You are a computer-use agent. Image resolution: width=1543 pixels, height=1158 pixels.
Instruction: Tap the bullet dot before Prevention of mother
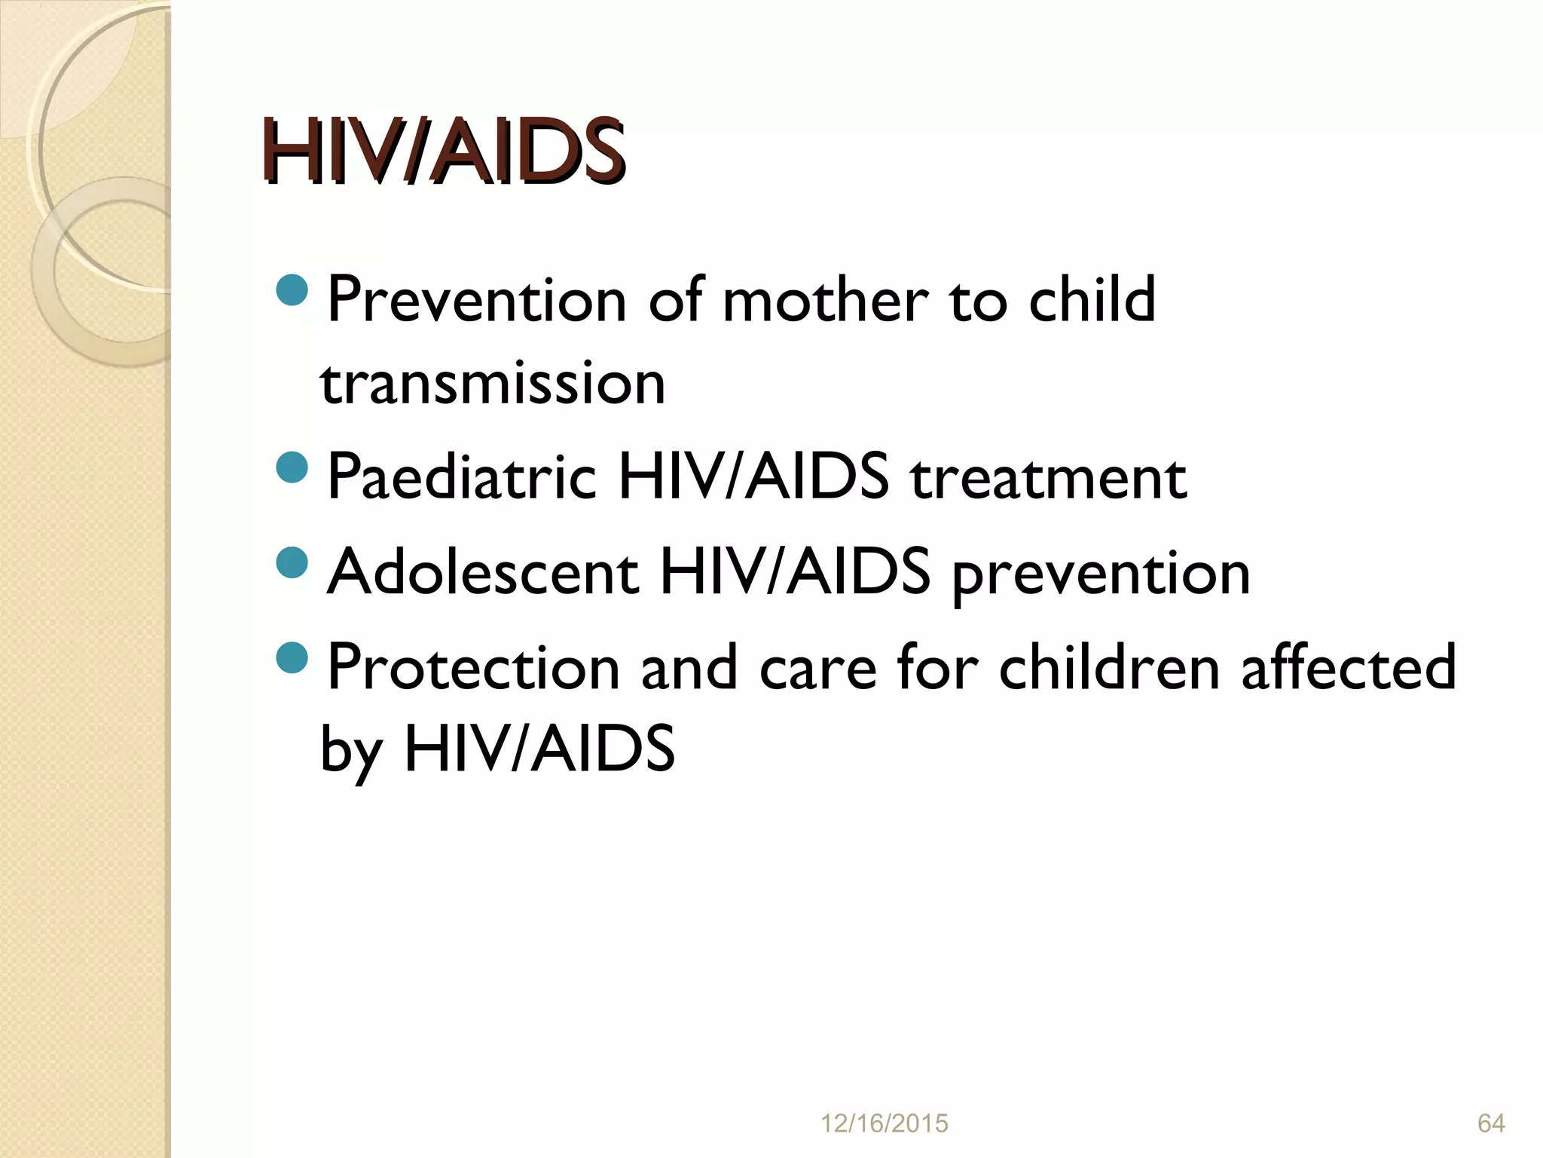pos(292,290)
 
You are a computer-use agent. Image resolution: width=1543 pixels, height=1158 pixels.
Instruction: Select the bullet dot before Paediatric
pos(292,467)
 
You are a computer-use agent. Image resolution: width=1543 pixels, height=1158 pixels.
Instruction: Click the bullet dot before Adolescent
pos(292,562)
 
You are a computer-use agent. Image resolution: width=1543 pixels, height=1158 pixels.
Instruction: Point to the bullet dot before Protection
pos(292,657)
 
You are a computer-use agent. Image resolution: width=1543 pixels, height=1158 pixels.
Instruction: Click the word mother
pos(824,300)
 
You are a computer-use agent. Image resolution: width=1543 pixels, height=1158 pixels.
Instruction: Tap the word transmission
pos(493,383)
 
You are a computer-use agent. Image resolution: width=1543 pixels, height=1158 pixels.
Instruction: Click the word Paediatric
pos(462,477)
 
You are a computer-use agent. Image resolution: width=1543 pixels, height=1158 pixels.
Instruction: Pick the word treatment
pos(1048,477)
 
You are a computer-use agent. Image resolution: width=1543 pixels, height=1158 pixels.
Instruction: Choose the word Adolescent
pos(483,572)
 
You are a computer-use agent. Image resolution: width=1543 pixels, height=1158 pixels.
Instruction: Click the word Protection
pos(473,667)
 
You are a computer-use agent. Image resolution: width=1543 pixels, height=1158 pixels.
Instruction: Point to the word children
pos(1108,667)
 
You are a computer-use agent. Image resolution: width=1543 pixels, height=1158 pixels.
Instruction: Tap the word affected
pos(1348,667)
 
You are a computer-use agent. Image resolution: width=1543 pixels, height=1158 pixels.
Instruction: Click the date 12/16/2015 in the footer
pos(884,1123)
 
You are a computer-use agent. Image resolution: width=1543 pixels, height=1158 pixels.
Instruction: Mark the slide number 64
pos(1491,1123)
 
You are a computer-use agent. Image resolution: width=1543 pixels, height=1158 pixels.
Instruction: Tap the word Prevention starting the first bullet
pos(477,300)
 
